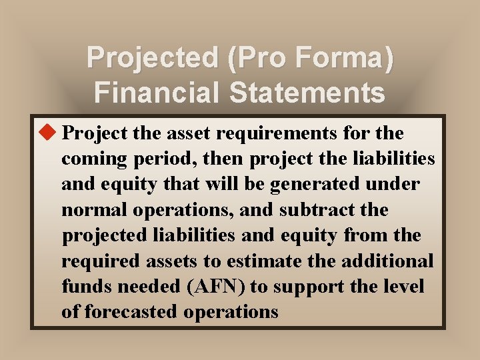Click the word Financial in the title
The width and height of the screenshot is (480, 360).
pyautogui.click(x=157, y=91)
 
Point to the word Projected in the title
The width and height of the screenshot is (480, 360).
pyautogui.click(x=153, y=58)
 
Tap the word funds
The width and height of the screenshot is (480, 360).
pyautogui.click(x=83, y=287)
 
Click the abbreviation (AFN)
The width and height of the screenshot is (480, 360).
pyautogui.click(x=210, y=287)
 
